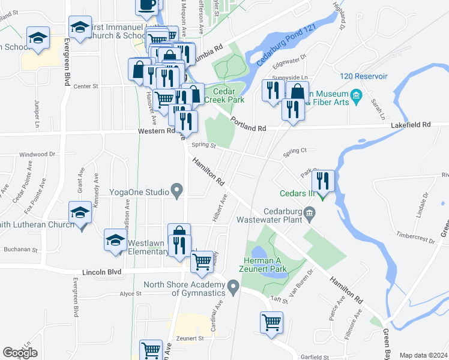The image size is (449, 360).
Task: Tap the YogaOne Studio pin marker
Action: (176, 191)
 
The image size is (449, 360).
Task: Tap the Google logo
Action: (20, 353)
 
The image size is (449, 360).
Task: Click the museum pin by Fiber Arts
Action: (356, 95)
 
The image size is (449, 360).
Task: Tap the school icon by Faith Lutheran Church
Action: (80, 214)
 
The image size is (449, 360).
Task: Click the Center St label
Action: (85, 86)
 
